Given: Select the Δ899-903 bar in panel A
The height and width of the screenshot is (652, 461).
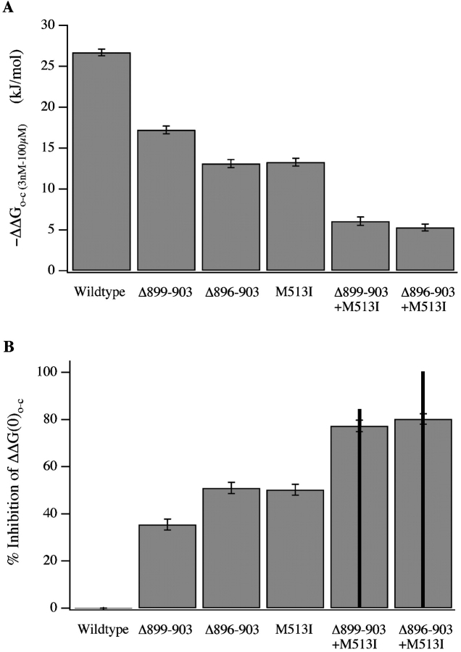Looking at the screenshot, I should point(167,200).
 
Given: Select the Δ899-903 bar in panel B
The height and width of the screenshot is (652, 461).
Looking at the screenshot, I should point(167,566).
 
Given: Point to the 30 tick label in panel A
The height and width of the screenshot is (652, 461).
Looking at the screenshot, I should point(48,25).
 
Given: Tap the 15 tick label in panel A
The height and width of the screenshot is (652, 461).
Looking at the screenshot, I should point(48,148).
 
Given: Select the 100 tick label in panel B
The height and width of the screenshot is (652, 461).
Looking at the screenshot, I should point(45,372).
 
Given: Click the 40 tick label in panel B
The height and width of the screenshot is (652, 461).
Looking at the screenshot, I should point(48,513).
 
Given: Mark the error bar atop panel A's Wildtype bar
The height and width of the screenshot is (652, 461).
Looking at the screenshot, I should point(102,52).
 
